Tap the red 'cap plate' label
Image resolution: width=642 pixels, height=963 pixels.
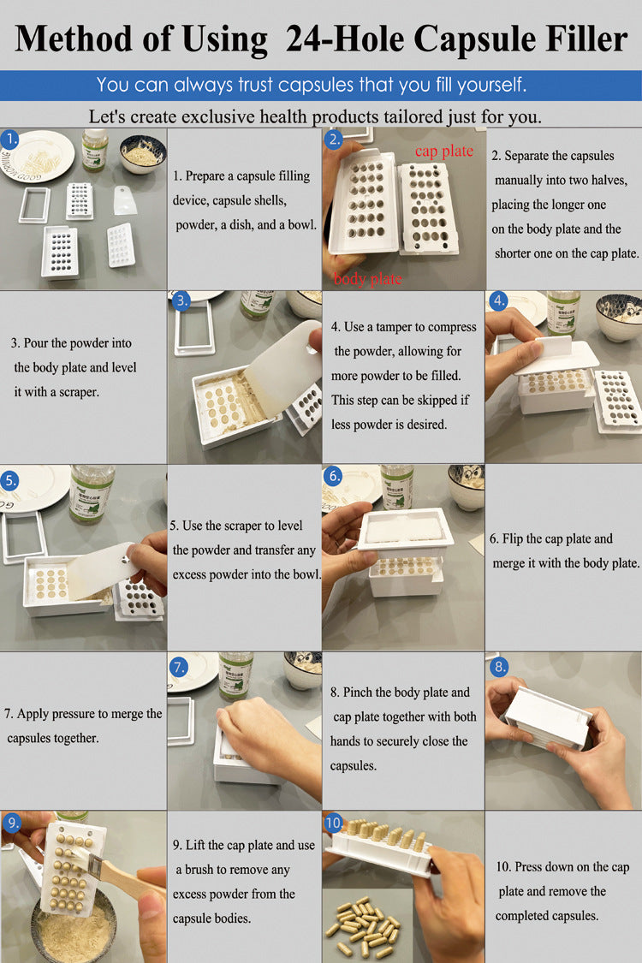pyautogui.click(x=443, y=151)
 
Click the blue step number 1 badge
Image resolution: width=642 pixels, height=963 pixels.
pyautogui.click(x=11, y=139)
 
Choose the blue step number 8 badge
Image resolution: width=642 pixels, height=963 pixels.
pyautogui.click(x=500, y=666)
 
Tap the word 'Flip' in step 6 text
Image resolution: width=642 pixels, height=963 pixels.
pyautogui.click(x=516, y=539)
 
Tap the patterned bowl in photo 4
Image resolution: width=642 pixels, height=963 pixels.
pyautogui.click(x=617, y=317)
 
